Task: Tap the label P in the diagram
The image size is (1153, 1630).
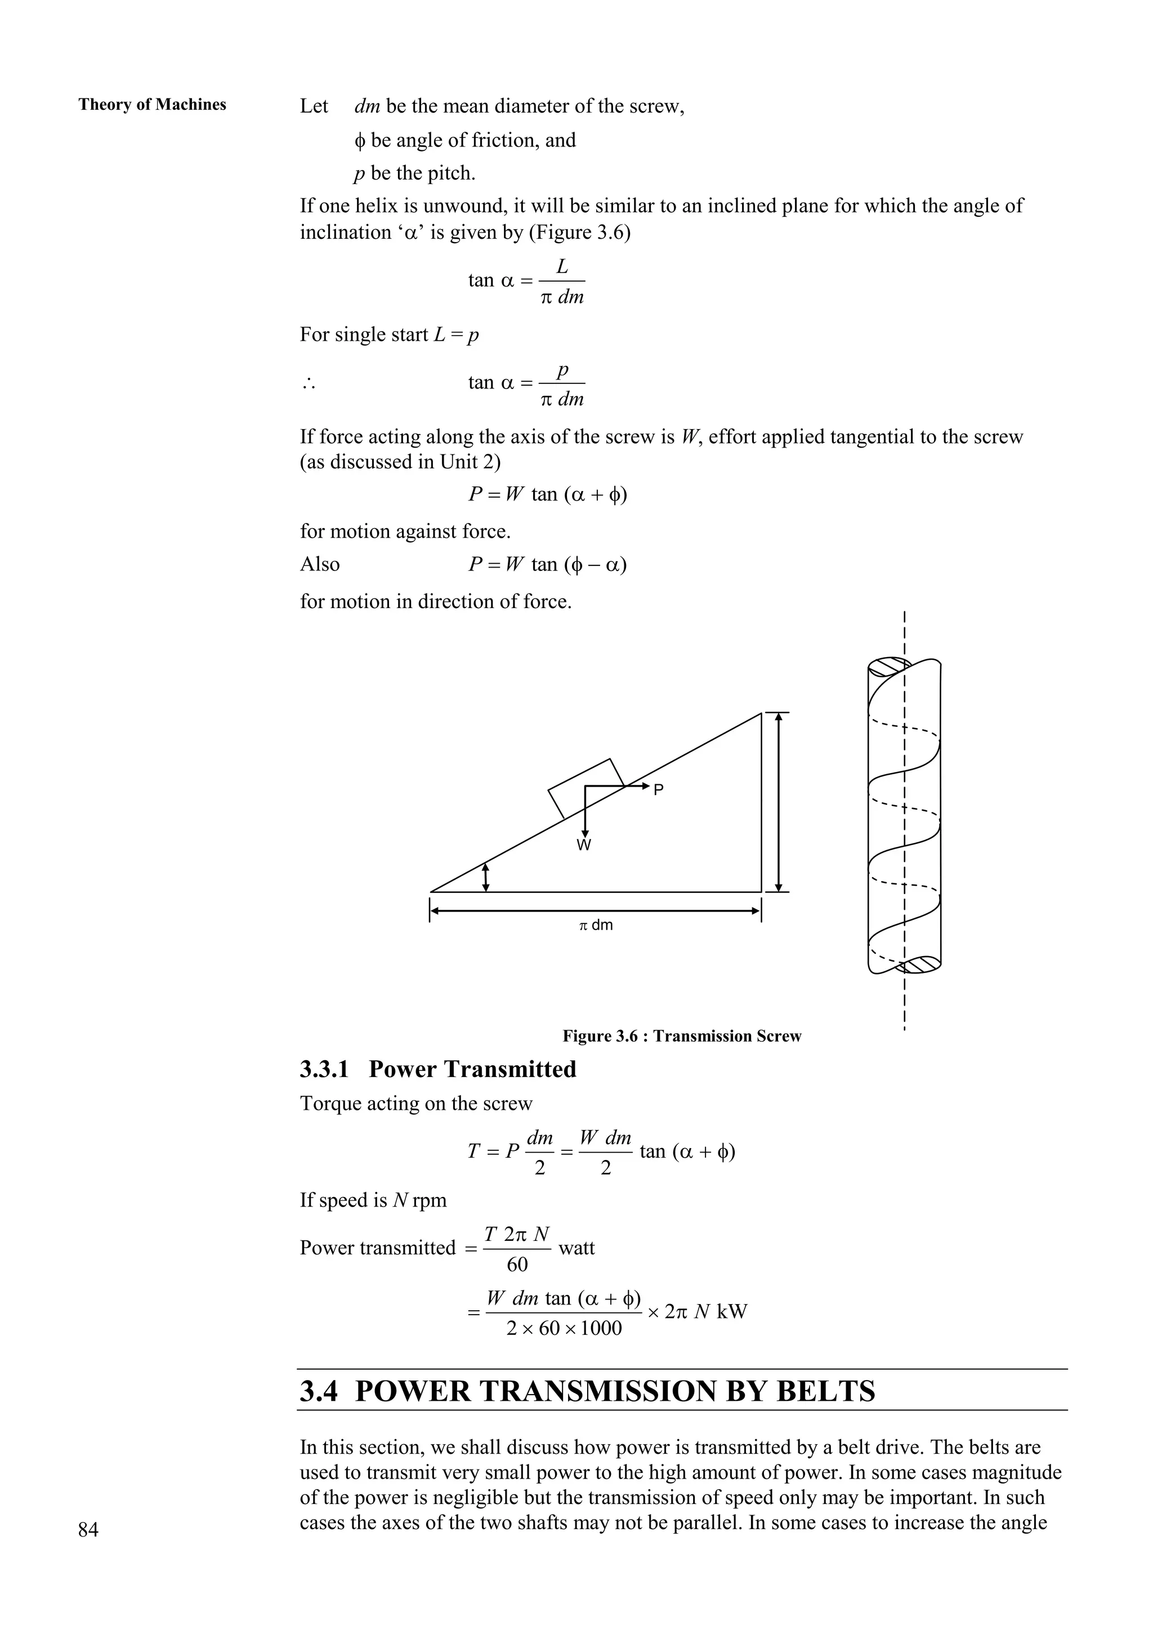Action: click(658, 789)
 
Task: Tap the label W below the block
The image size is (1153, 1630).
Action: click(584, 845)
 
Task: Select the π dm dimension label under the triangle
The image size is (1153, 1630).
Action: click(595, 925)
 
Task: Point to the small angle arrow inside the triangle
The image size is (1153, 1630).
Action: click(486, 877)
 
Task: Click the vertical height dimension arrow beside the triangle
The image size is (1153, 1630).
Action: click(779, 802)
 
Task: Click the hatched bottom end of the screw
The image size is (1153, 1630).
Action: click(921, 965)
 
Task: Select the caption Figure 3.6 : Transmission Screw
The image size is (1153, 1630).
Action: click(682, 1036)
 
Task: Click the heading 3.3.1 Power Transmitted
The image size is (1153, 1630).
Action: click(437, 1069)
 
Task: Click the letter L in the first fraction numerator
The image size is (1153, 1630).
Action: click(562, 267)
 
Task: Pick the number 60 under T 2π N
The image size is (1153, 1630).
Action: click(517, 1265)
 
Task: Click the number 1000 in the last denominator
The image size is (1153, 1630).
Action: click(601, 1328)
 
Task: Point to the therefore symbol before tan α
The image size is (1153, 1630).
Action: click(307, 384)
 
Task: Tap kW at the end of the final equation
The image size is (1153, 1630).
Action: click(732, 1311)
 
